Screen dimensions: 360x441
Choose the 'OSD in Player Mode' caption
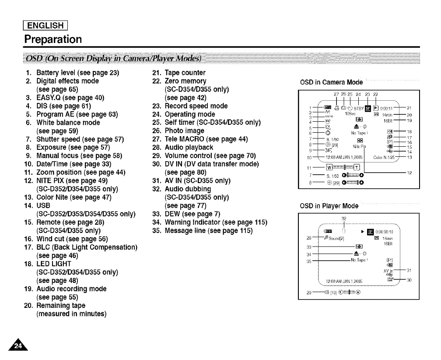click(x=329, y=206)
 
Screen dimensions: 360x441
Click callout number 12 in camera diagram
click(x=409, y=173)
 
